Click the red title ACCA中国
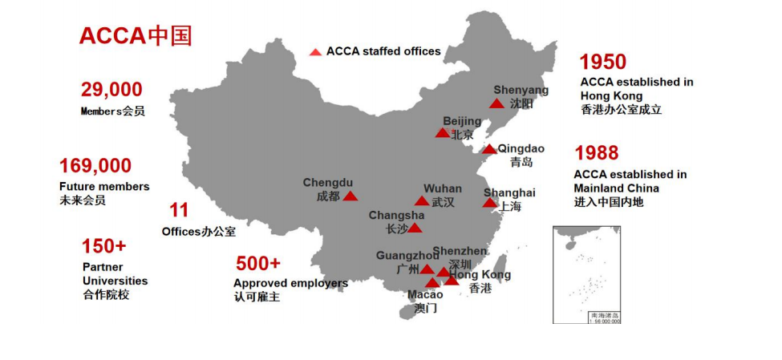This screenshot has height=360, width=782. coord(135,36)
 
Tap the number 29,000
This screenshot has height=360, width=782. coord(111,90)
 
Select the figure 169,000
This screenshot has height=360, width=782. coord(95,166)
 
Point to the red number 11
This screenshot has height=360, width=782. coord(179,211)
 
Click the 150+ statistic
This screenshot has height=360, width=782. coord(103,245)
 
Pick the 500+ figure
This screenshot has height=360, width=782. coord(258,263)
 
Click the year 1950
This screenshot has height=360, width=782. coord(603,62)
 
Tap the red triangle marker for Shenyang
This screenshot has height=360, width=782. coord(497,103)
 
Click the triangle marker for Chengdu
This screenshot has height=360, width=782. coord(350,196)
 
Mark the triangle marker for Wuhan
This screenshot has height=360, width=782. coord(422,201)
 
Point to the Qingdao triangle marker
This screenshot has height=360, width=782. coord(489,149)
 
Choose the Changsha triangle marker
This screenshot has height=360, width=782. coord(415,229)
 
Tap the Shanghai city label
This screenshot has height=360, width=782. coord(509,192)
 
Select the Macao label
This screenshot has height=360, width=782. coord(425,295)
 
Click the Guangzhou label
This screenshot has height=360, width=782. coord(407,256)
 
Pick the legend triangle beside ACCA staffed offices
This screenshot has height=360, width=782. coord(315,52)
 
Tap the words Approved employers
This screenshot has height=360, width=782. coord(290,283)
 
